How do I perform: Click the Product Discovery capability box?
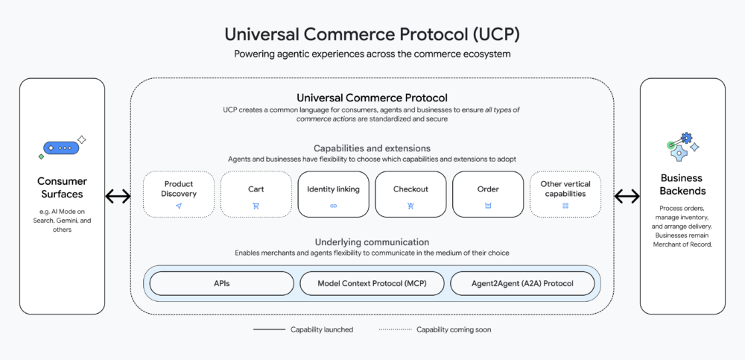tap(178, 195)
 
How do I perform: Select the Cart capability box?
tap(256, 195)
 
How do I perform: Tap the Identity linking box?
tap(333, 195)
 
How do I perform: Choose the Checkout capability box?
tap(410, 195)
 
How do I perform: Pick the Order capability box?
tap(488, 195)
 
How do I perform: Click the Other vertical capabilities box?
tap(565, 195)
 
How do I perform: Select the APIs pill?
tap(222, 283)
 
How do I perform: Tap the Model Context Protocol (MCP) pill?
tap(372, 283)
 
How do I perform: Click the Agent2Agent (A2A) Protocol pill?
tap(523, 283)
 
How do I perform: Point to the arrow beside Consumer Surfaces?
tap(117, 196)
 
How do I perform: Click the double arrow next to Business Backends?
tap(627, 196)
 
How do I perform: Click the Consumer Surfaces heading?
tap(62, 188)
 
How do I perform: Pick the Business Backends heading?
tap(682, 185)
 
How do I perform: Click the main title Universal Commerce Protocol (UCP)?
tap(372, 34)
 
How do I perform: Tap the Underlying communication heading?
tap(372, 242)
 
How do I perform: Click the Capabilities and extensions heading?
tap(372, 148)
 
